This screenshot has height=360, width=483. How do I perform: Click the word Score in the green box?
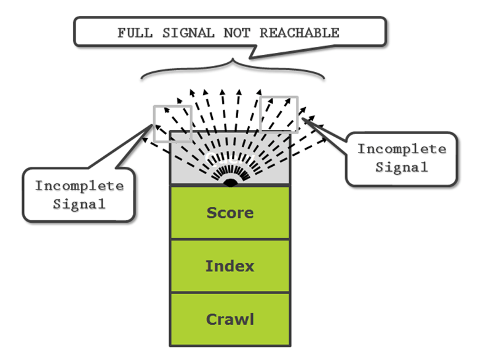click(x=230, y=213)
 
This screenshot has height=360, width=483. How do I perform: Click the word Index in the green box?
click(x=230, y=266)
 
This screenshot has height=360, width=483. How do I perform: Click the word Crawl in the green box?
click(x=230, y=319)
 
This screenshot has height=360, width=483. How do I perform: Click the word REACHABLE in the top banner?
click(x=300, y=33)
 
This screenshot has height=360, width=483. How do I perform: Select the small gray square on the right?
click(x=279, y=114)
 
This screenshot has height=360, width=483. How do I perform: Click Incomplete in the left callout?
click(x=79, y=186)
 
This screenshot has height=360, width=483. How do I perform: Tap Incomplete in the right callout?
click(x=402, y=150)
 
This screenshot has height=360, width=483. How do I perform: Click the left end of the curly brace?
click(x=142, y=78)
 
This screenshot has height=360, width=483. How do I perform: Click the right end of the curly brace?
click(x=323, y=78)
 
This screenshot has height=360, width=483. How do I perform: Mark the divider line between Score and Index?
click(x=230, y=239)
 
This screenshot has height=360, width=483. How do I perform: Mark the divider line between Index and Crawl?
click(x=230, y=293)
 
